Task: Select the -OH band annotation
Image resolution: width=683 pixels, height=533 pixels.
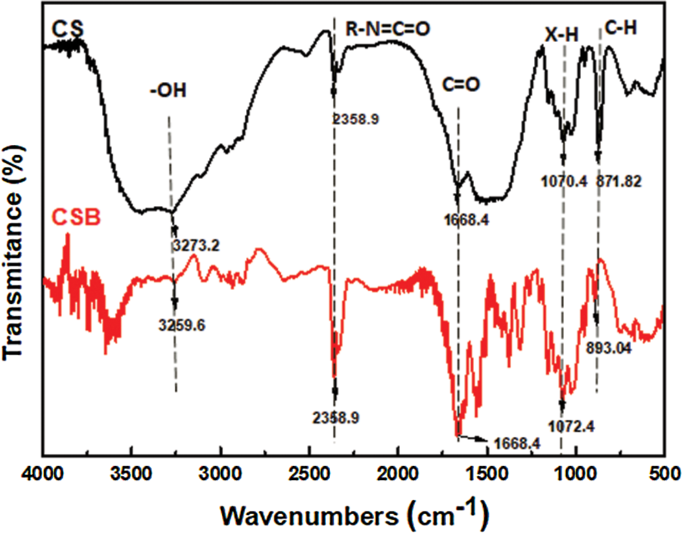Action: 168,92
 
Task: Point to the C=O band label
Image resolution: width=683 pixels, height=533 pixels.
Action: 457,84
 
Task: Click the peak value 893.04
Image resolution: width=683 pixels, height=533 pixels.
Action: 609,347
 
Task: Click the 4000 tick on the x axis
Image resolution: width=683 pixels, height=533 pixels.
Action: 43,473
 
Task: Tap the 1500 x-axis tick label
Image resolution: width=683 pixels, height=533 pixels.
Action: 487,473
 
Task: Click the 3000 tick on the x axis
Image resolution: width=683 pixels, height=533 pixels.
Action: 221,473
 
